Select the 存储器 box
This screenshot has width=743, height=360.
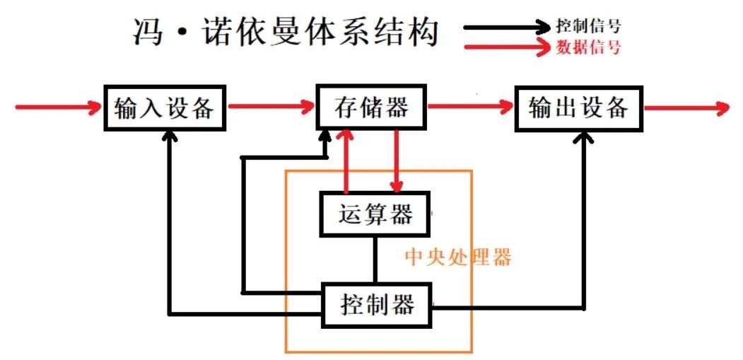(x=371, y=109)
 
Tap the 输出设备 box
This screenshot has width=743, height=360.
(x=578, y=109)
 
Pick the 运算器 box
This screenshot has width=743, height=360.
(x=375, y=214)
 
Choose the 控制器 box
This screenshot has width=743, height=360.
(x=376, y=306)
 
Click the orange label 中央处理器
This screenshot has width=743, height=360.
(x=458, y=257)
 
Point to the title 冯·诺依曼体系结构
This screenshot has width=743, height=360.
(x=286, y=33)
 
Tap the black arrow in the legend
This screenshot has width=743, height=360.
(x=509, y=28)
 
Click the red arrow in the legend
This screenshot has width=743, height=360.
(x=509, y=47)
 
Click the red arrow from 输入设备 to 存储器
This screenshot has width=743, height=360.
(x=271, y=108)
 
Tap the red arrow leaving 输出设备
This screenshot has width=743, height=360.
(x=686, y=109)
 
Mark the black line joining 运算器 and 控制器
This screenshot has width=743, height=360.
(x=375, y=260)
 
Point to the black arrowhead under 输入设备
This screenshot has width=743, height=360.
(x=170, y=139)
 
